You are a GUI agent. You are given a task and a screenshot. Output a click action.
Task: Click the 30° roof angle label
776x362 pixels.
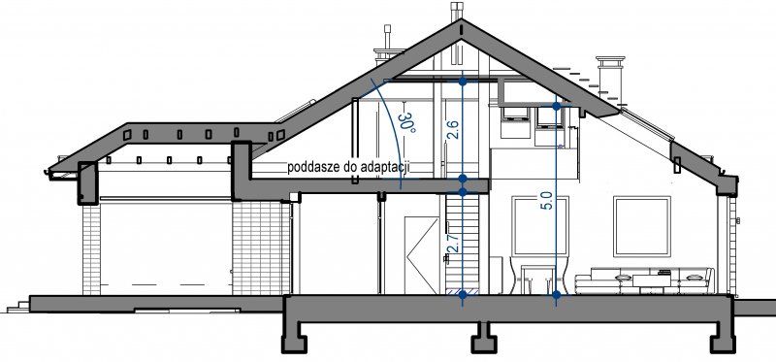pyautogui.click(x=407, y=124)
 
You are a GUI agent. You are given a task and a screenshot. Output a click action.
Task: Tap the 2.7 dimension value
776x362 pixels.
pyautogui.click(x=455, y=245)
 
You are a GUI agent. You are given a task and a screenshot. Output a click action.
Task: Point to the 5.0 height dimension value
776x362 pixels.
pyautogui.click(x=548, y=200)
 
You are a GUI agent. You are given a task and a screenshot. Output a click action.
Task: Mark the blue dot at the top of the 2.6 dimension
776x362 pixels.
pyautogui.click(x=463, y=82)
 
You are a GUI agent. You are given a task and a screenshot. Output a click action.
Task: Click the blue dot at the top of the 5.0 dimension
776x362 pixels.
pyautogui.click(x=556, y=106)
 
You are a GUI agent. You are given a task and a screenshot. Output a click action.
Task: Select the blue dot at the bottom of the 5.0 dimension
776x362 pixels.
pyautogui.click(x=556, y=294)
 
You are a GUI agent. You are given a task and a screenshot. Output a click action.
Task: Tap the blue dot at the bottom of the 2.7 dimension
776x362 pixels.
pyautogui.click(x=463, y=294)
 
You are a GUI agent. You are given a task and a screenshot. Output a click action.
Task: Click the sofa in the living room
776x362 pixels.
pyautogui.click(x=644, y=281)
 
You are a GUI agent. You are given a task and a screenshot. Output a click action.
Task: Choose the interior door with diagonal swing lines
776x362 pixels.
pyautogui.click(x=422, y=255)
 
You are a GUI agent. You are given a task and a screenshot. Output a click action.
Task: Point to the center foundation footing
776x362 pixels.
pyautogui.click(x=483, y=339)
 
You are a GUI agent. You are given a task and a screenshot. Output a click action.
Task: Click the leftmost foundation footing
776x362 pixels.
pyautogui.click(x=295, y=339)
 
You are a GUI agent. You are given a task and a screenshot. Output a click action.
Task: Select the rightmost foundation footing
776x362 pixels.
pyautogui.click(x=722, y=339)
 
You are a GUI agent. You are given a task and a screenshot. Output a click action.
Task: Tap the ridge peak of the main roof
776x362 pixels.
pyautogui.click(x=462, y=20)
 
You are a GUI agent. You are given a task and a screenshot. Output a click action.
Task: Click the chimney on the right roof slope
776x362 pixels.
pyautogui.click(x=610, y=79)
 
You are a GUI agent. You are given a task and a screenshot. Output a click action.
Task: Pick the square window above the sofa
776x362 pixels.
pyautogui.click(x=642, y=226)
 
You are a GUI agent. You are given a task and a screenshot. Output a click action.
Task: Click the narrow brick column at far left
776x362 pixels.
pyautogui.click(x=91, y=249)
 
